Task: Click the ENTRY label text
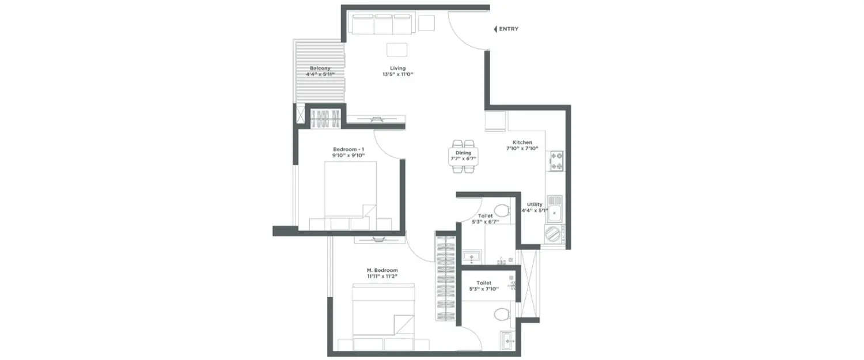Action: pyautogui.click(x=509, y=29)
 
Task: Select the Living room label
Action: pyautogui.click(x=398, y=68)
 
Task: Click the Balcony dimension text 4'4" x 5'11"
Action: pyautogui.click(x=320, y=74)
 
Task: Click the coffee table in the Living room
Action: pyautogui.click(x=397, y=50)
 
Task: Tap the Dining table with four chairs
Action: pyautogui.click(x=464, y=156)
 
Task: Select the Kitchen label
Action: pyautogui.click(x=522, y=142)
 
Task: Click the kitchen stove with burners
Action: pyautogui.click(x=556, y=161)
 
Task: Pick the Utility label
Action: pyautogui.click(x=534, y=204)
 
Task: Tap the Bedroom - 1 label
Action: pyautogui.click(x=348, y=149)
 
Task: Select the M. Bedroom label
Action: pyautogui.click(x=382, y=270)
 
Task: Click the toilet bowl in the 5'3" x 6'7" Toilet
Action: pyautogui.click(x=502, y=209)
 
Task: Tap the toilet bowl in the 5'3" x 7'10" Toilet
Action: pyautogui.click(x=502, y=314)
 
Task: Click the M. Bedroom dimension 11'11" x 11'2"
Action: pyautogui.click(x=382, y=276)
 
